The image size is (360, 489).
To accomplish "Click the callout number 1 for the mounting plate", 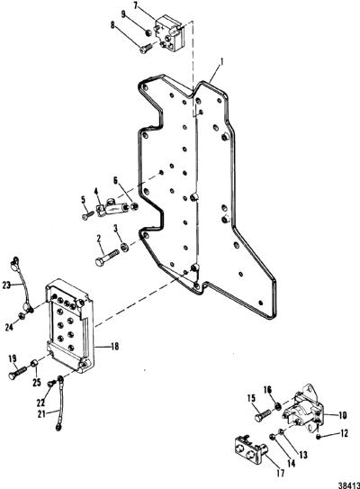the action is (x=221, y=62).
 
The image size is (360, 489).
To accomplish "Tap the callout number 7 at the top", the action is (x=135, y=5).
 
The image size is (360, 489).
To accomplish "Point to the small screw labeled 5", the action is (x=87, y=215).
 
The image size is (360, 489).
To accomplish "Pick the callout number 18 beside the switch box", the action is (x=114, y=346).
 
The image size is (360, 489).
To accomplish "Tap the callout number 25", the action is (x=37, y=382).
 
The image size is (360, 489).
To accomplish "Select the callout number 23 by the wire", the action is (x=6, y=285).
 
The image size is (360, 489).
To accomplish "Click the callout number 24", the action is (x=9, y=327).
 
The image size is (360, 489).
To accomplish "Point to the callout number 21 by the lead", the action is (x=41, y=414).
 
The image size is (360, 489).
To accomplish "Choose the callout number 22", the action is (x=40, y=403).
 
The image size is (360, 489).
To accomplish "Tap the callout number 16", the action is (x=267, y=390).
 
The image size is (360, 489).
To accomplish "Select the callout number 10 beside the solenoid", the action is (x=342, y=415).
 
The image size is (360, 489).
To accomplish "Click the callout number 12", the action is (x=344, y=433).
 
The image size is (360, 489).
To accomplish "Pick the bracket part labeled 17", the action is (x=250, y=448).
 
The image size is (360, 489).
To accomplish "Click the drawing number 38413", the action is (x=349, y=485).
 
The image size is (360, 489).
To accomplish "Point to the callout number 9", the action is (x=123, y=14).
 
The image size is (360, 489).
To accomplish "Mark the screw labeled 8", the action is (x=146, y=48).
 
